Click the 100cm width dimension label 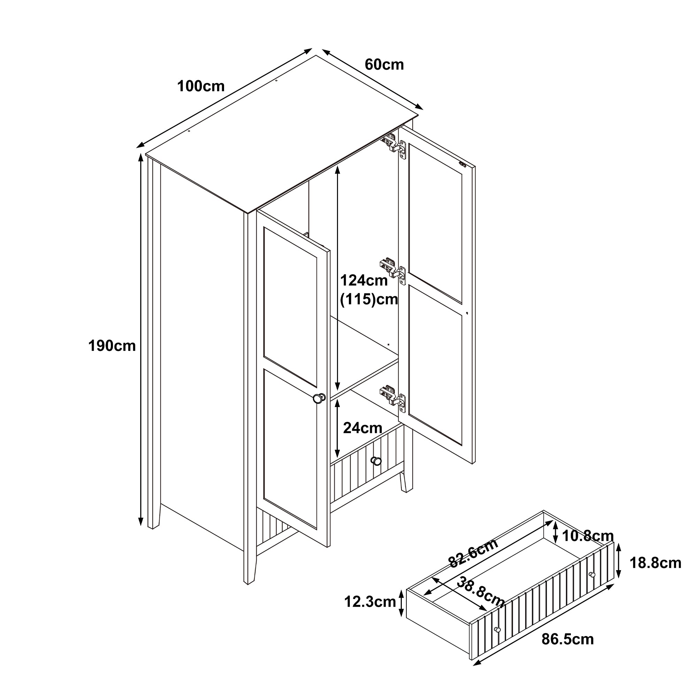[201, 86]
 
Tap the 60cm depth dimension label [384, 65]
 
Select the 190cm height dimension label [112, 346]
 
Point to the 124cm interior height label [364, 280]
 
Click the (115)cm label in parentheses [369, 299]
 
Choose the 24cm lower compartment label [362, 428]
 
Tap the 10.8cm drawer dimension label [588, 536]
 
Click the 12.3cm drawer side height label [370, 602]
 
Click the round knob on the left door [319, 398]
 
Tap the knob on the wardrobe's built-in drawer [376, 461]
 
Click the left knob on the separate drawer [497, 630]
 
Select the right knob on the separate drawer [592, 575]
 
